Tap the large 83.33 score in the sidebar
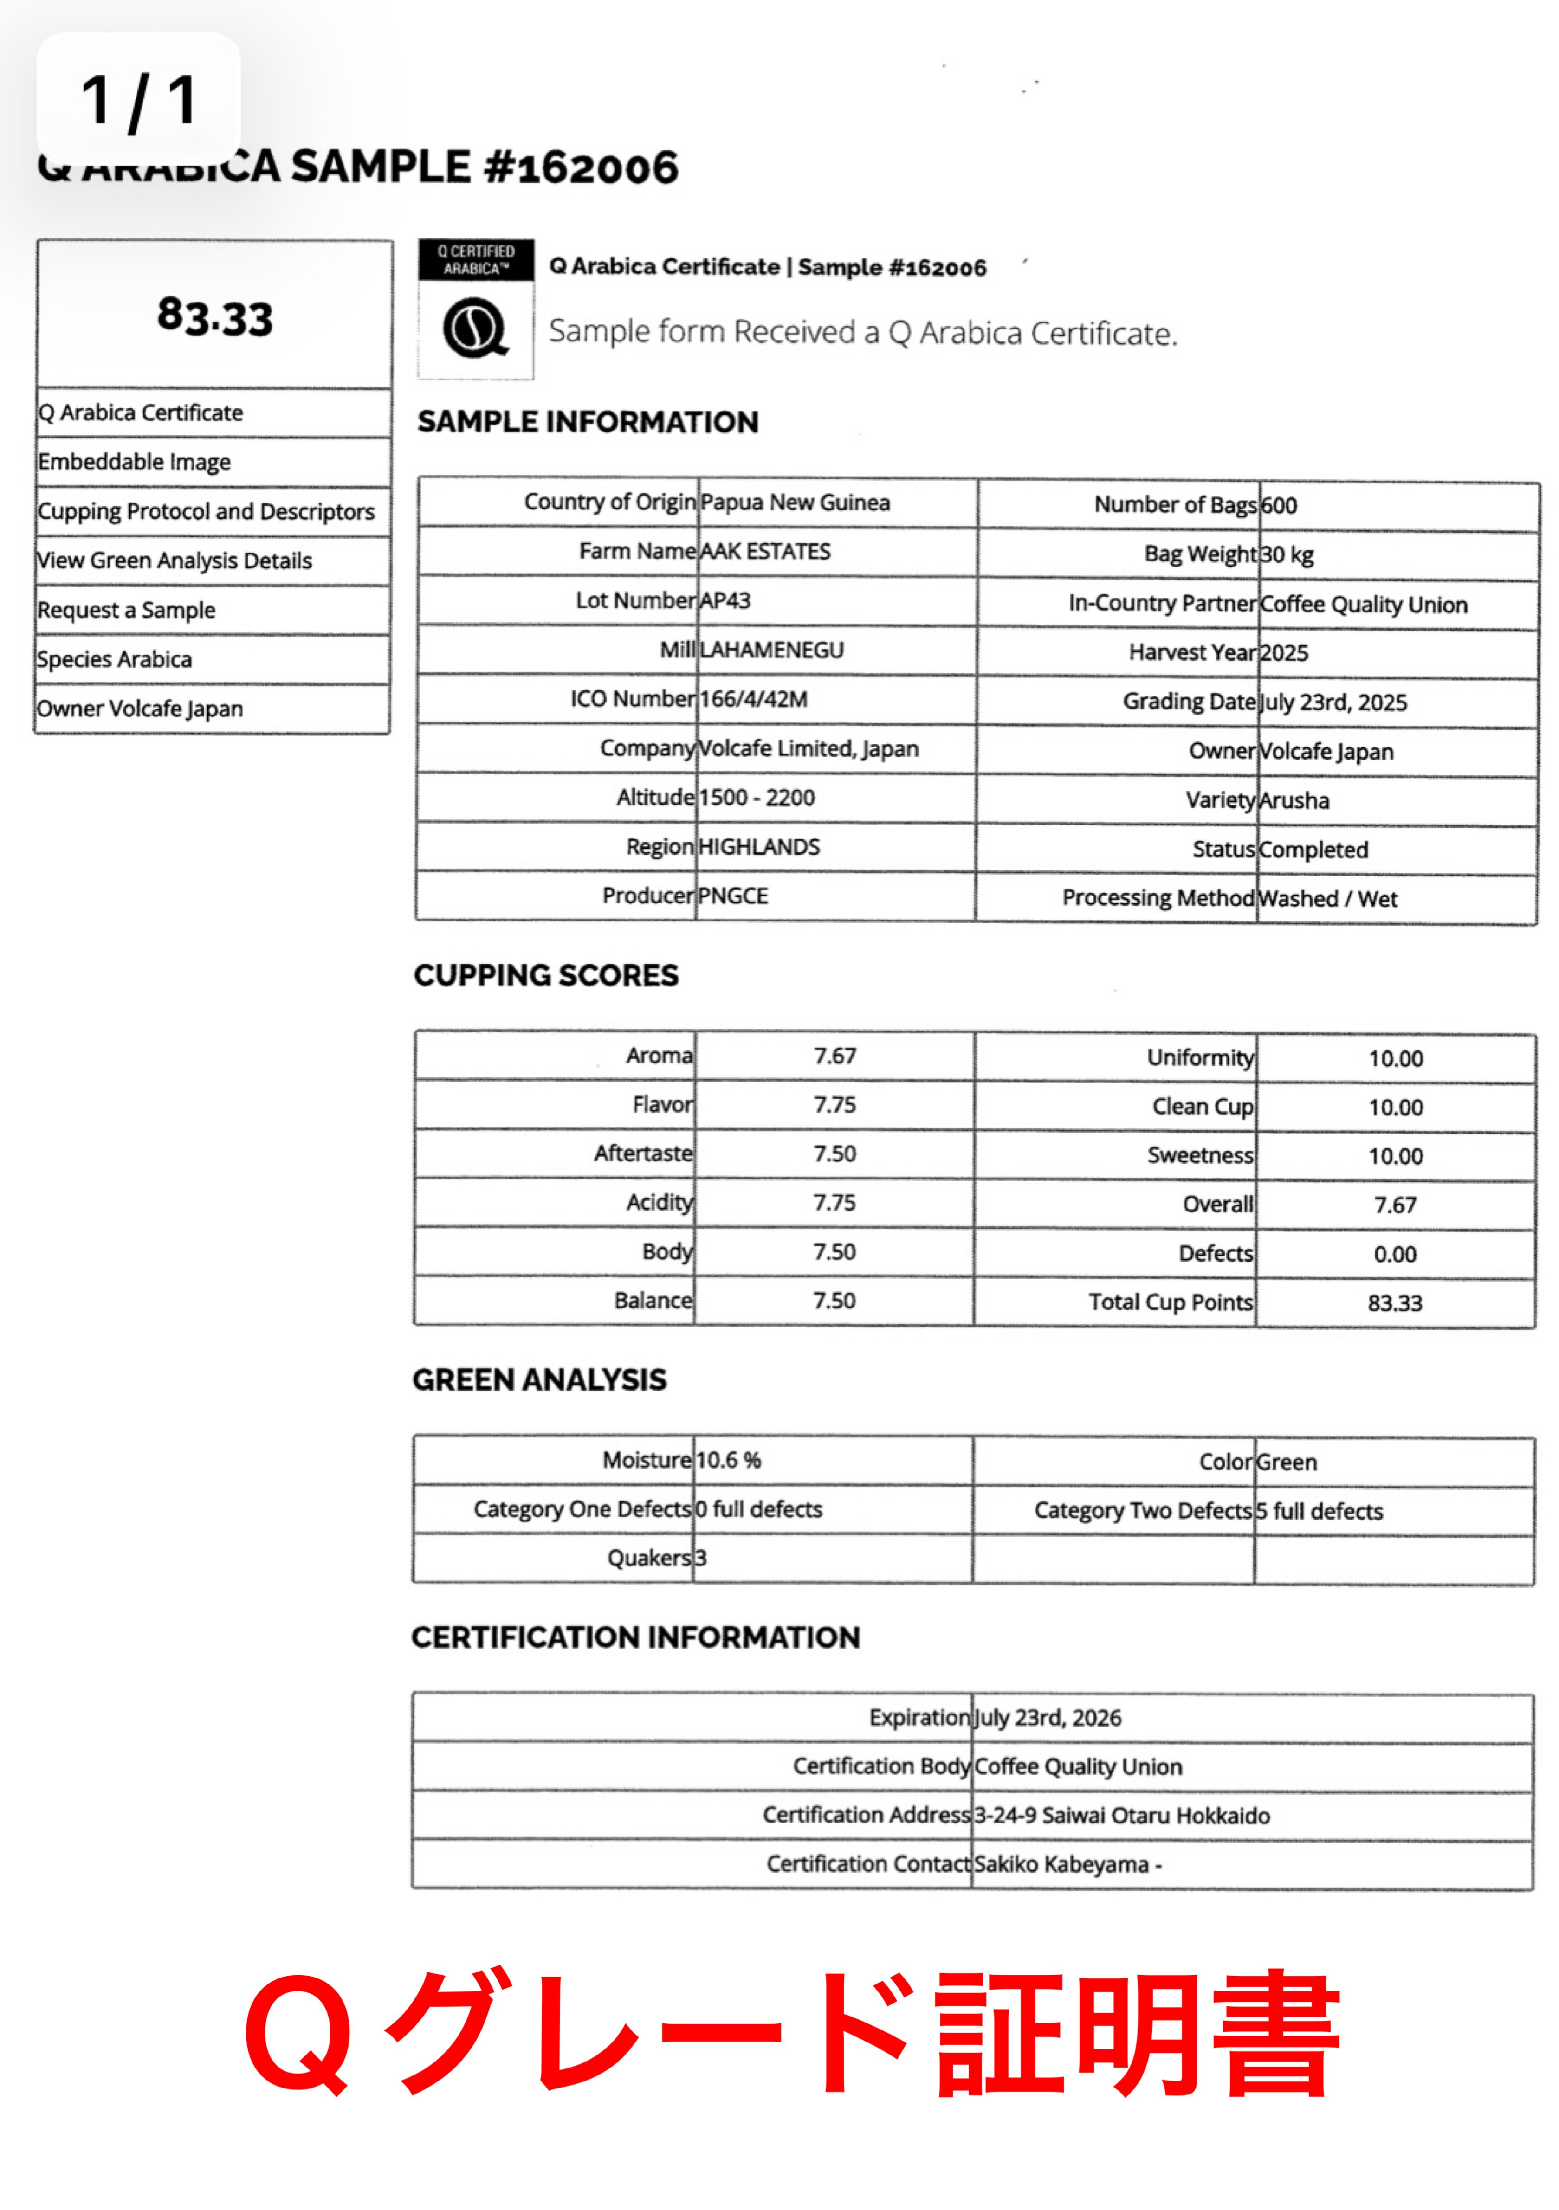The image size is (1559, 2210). pos(215,317)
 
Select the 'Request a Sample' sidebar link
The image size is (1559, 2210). pos(126,610)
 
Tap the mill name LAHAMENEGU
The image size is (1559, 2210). pos(771,650)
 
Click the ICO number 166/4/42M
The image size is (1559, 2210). pos(753,699)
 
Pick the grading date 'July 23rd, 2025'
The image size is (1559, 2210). pos(1333,702)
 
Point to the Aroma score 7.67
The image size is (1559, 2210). pos(834,1056)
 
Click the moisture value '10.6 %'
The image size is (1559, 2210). pos(728,1460)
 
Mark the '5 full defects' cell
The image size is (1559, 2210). pos(1319,1511)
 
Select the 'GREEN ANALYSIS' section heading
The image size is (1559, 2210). pos(539,1379)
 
